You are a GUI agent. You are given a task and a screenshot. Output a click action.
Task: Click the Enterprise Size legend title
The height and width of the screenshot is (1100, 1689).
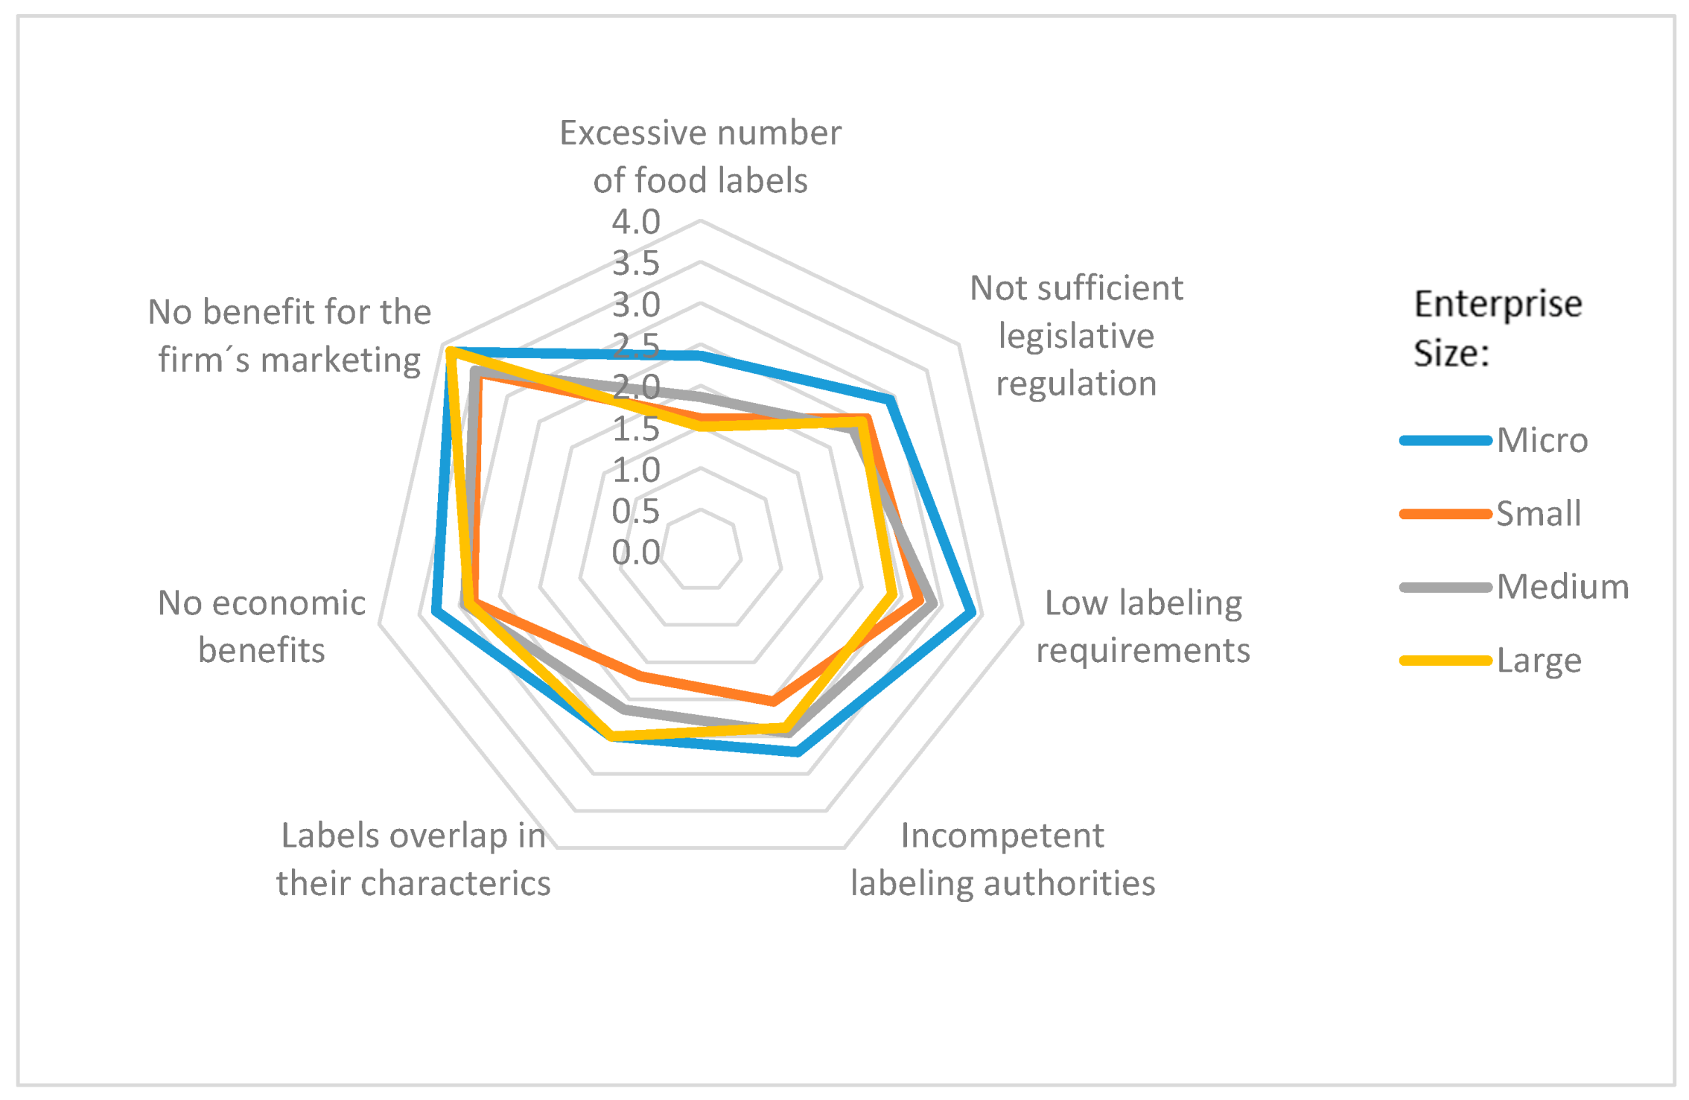pos(1497,328)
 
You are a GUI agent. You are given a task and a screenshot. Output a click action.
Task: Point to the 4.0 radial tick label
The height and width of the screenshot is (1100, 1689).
pos(636,222)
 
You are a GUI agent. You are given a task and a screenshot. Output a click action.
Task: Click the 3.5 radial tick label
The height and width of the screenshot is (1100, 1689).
pos(636,264)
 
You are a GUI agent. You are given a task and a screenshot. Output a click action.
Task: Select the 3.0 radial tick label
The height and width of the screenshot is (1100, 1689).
pos(636,305)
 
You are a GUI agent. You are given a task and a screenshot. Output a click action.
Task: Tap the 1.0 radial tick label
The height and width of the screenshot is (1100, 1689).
pos(636,471)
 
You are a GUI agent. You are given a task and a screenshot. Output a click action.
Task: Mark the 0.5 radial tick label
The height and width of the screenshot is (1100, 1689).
pos(636,512)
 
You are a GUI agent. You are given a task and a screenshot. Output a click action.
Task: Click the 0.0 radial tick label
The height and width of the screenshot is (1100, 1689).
pos(636,553)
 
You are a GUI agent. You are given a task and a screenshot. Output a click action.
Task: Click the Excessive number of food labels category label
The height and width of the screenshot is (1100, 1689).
pos(700,156)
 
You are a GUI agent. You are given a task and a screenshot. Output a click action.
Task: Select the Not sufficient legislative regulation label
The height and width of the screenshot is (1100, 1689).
pos(1076,336)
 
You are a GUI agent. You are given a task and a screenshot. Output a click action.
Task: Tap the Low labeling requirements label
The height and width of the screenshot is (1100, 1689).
pos(1143,626)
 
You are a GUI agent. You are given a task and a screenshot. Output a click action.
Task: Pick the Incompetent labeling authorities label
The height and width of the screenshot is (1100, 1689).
pos(1002,859)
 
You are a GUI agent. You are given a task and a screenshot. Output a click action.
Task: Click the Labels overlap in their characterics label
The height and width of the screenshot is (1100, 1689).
pos(413,859)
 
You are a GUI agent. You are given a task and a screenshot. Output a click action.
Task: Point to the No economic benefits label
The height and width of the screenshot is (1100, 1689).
pos(261,626)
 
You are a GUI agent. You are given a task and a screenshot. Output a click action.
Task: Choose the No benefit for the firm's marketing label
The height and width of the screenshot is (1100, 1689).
pos(289,336)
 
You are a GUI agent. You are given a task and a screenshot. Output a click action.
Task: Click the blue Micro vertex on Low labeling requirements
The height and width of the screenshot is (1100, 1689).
pos(971,613)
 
